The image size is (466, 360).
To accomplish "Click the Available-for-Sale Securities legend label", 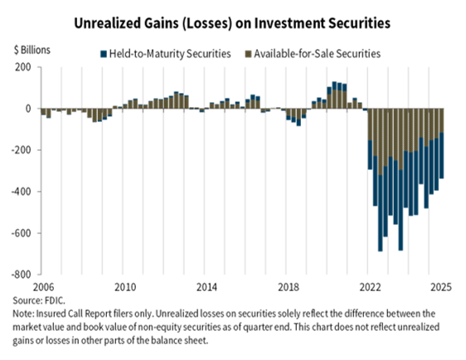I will tap(318, 54).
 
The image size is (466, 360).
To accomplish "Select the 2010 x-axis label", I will tap(125, 287).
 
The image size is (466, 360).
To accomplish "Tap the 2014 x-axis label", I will tap(206, 287).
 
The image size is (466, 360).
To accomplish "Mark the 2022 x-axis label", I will tap(368, 287).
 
